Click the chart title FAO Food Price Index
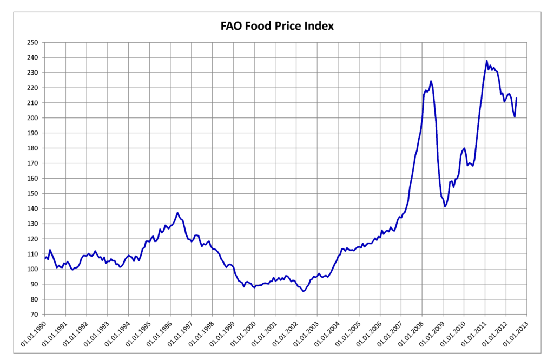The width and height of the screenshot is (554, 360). point(276,25)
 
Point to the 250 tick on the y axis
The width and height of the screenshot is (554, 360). point(35,43)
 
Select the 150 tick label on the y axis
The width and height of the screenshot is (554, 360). point(35,194)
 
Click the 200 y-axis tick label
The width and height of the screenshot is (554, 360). point(35,118)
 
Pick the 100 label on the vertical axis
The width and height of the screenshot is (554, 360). point(35,269)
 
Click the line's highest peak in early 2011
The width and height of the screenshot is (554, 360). point(487,61)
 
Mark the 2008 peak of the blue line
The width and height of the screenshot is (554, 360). point(431,81)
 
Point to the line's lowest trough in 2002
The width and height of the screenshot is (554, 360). point(304,291)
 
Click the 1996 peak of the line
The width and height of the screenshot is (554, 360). point(177,213)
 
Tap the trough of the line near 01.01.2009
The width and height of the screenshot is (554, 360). point(445,206)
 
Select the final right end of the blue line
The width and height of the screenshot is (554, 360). point(517,98)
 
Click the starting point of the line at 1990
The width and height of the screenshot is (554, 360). point(45,258)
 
